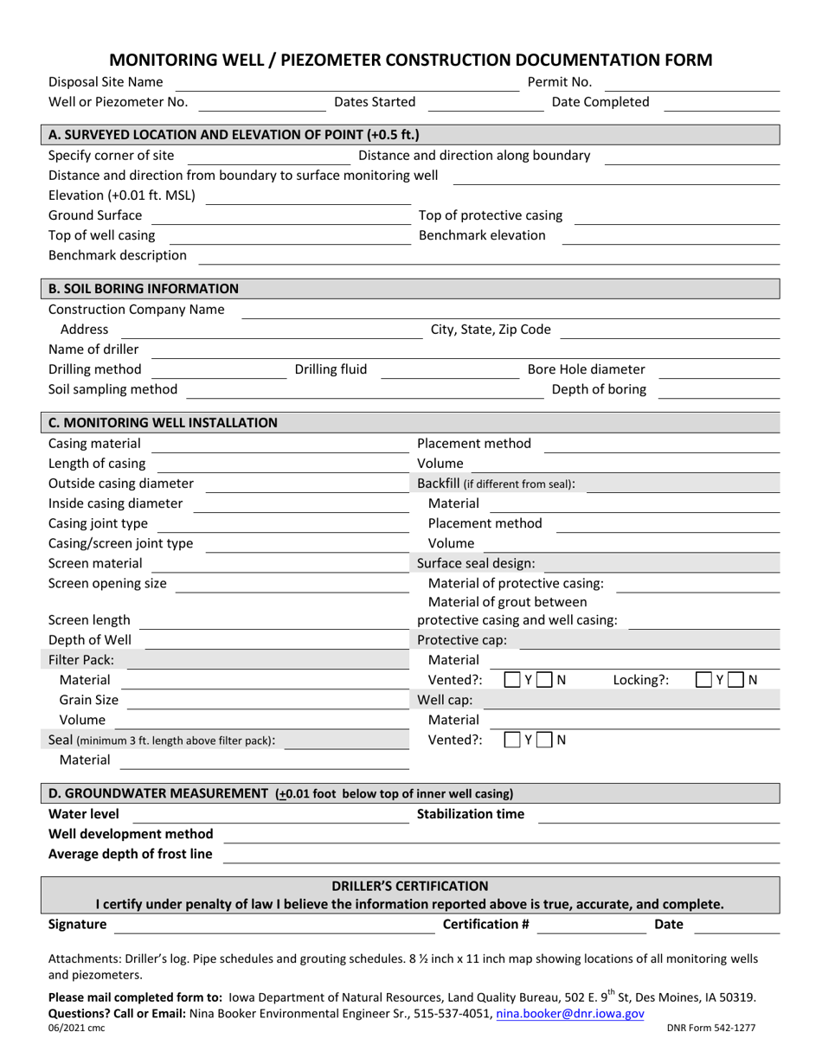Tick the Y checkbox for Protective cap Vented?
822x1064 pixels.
512,680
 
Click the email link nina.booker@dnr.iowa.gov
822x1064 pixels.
570,1012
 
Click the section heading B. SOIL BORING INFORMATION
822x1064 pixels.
144,288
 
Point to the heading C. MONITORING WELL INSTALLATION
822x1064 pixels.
163,422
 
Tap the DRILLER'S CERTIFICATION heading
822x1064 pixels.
410,886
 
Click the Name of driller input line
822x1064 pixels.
466,350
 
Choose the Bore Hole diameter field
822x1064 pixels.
719,370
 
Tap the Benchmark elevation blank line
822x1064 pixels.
671,236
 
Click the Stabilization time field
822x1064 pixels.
658,815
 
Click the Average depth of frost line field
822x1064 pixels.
502,855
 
